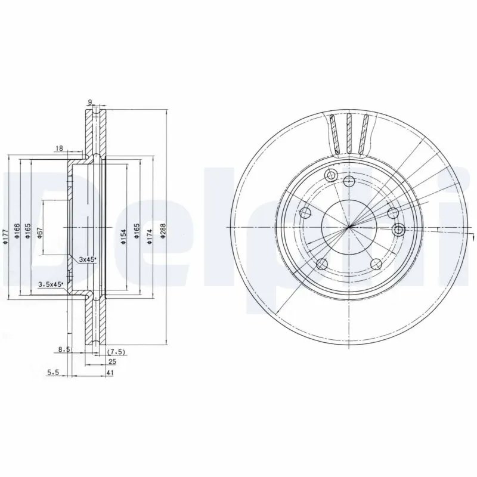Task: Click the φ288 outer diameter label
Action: [162, 231]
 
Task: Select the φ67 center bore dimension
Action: [39, 234]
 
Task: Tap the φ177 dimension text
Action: [5, 234]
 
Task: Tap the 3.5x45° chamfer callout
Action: [50, 284]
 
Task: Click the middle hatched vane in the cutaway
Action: [350, 134]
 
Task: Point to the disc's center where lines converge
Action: [349, 226]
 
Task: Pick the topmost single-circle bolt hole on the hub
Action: [350, 181]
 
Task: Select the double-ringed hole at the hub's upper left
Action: [329, 175]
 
